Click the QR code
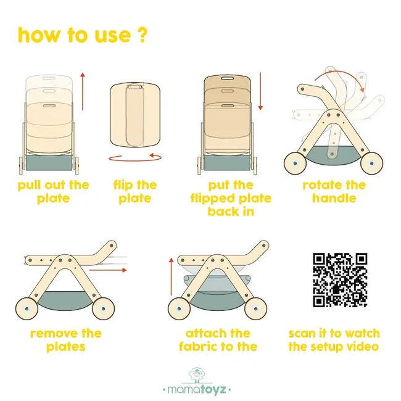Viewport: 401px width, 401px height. pos(340,280)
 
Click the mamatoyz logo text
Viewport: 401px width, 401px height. pos(197,389)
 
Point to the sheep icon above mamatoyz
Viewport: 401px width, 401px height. pos(197,375)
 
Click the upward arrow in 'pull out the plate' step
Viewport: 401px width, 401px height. pos(82,91)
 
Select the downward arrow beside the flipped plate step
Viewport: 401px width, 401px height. pos(260,91)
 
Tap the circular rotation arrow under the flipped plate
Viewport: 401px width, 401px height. pos(135,157)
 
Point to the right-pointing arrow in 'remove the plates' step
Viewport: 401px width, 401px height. pos(108,270)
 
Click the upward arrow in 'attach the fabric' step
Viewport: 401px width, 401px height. pos(171,277)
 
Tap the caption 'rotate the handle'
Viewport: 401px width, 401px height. pos(334,191)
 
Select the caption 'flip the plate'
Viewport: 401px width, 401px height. pos(135,191)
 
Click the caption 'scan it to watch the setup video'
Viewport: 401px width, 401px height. pos(334,340)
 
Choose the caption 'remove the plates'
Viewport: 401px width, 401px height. pos(66,340)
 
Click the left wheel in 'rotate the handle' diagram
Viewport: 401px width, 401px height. pos(295,163)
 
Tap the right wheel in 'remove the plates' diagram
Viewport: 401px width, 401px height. pos(103,308)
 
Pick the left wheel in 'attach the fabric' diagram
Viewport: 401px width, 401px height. pos(179,308)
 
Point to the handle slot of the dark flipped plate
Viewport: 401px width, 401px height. pos(228,77)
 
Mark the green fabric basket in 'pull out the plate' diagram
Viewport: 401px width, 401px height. pos(49,163)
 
